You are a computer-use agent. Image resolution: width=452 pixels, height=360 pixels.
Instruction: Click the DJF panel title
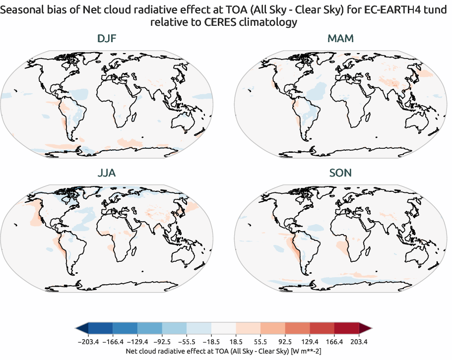(x=107, y=39)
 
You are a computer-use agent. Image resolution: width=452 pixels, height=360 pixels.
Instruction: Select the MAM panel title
(x=341, y=39)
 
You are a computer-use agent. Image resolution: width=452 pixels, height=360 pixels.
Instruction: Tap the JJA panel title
(x=107, y=173)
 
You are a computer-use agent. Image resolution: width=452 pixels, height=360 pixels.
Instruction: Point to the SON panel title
(x=341, y=173)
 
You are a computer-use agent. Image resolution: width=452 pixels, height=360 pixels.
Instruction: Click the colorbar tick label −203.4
(x=88, y=342)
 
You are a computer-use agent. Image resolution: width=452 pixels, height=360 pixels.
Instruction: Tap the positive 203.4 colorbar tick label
(x=359, y=342)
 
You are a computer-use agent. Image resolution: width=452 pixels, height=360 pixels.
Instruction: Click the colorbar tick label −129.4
(x=137, y=342)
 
